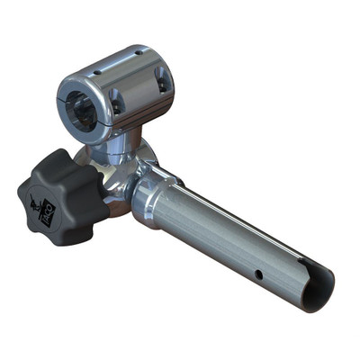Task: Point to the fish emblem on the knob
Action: [x=38, y=202]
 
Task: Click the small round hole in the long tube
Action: [x=259, y=274]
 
